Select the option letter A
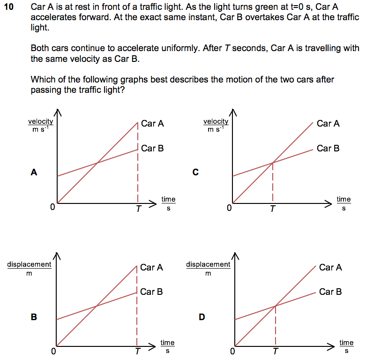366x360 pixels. [x=33, y=172]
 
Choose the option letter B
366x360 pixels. [x=33, y=317]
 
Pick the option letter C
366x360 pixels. [x=195, y=172]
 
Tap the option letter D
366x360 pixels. [x=202, y=317]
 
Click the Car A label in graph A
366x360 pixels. [x=152, y=124]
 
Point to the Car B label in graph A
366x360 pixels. [x=152, y=149]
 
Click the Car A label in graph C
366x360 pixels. [x=328, y=124]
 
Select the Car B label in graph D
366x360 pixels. [x=330, y=292]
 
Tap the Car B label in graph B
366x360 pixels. [x=151, y=292]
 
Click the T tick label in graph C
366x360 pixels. [x=272, y=210]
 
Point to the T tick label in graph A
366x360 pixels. [x=138, y=210]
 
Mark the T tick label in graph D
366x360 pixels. [x=276, y=352]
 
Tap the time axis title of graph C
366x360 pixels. [x=344, y=203]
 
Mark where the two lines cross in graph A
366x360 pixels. [x=97, y=163]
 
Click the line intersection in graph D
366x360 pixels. [x=275, y=306]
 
